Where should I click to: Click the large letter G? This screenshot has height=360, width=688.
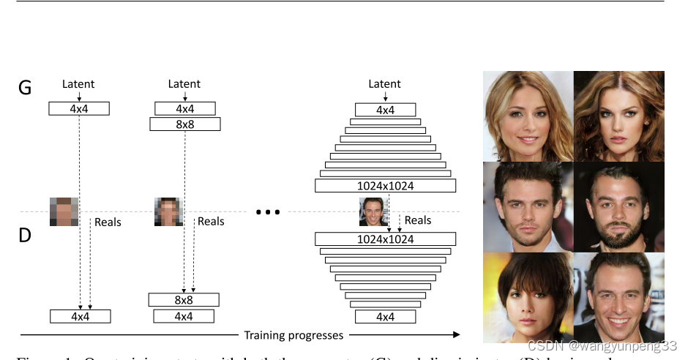click(25, 88)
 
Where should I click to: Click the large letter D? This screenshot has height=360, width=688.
click(25, 236)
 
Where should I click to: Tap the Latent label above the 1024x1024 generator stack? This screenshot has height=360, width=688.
click(384, 83)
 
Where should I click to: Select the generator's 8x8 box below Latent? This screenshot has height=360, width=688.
click(184, 124)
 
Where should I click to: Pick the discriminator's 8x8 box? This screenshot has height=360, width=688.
click(184, 300)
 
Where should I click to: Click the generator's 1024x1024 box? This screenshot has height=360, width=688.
click(385, 186)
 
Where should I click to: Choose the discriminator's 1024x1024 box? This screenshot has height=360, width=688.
click(385, 239)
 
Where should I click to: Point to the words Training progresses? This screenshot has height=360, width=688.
click(293, 335)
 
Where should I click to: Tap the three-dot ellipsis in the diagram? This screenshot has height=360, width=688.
click(268, 212)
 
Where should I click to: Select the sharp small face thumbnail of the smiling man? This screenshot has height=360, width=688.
click(373, 211)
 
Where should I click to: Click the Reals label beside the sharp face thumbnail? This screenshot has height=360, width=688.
click(418, 220)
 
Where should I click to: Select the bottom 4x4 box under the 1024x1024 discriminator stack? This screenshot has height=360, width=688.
click(385, 317)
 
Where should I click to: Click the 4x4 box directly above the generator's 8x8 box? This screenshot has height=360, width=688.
click(184, 109)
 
